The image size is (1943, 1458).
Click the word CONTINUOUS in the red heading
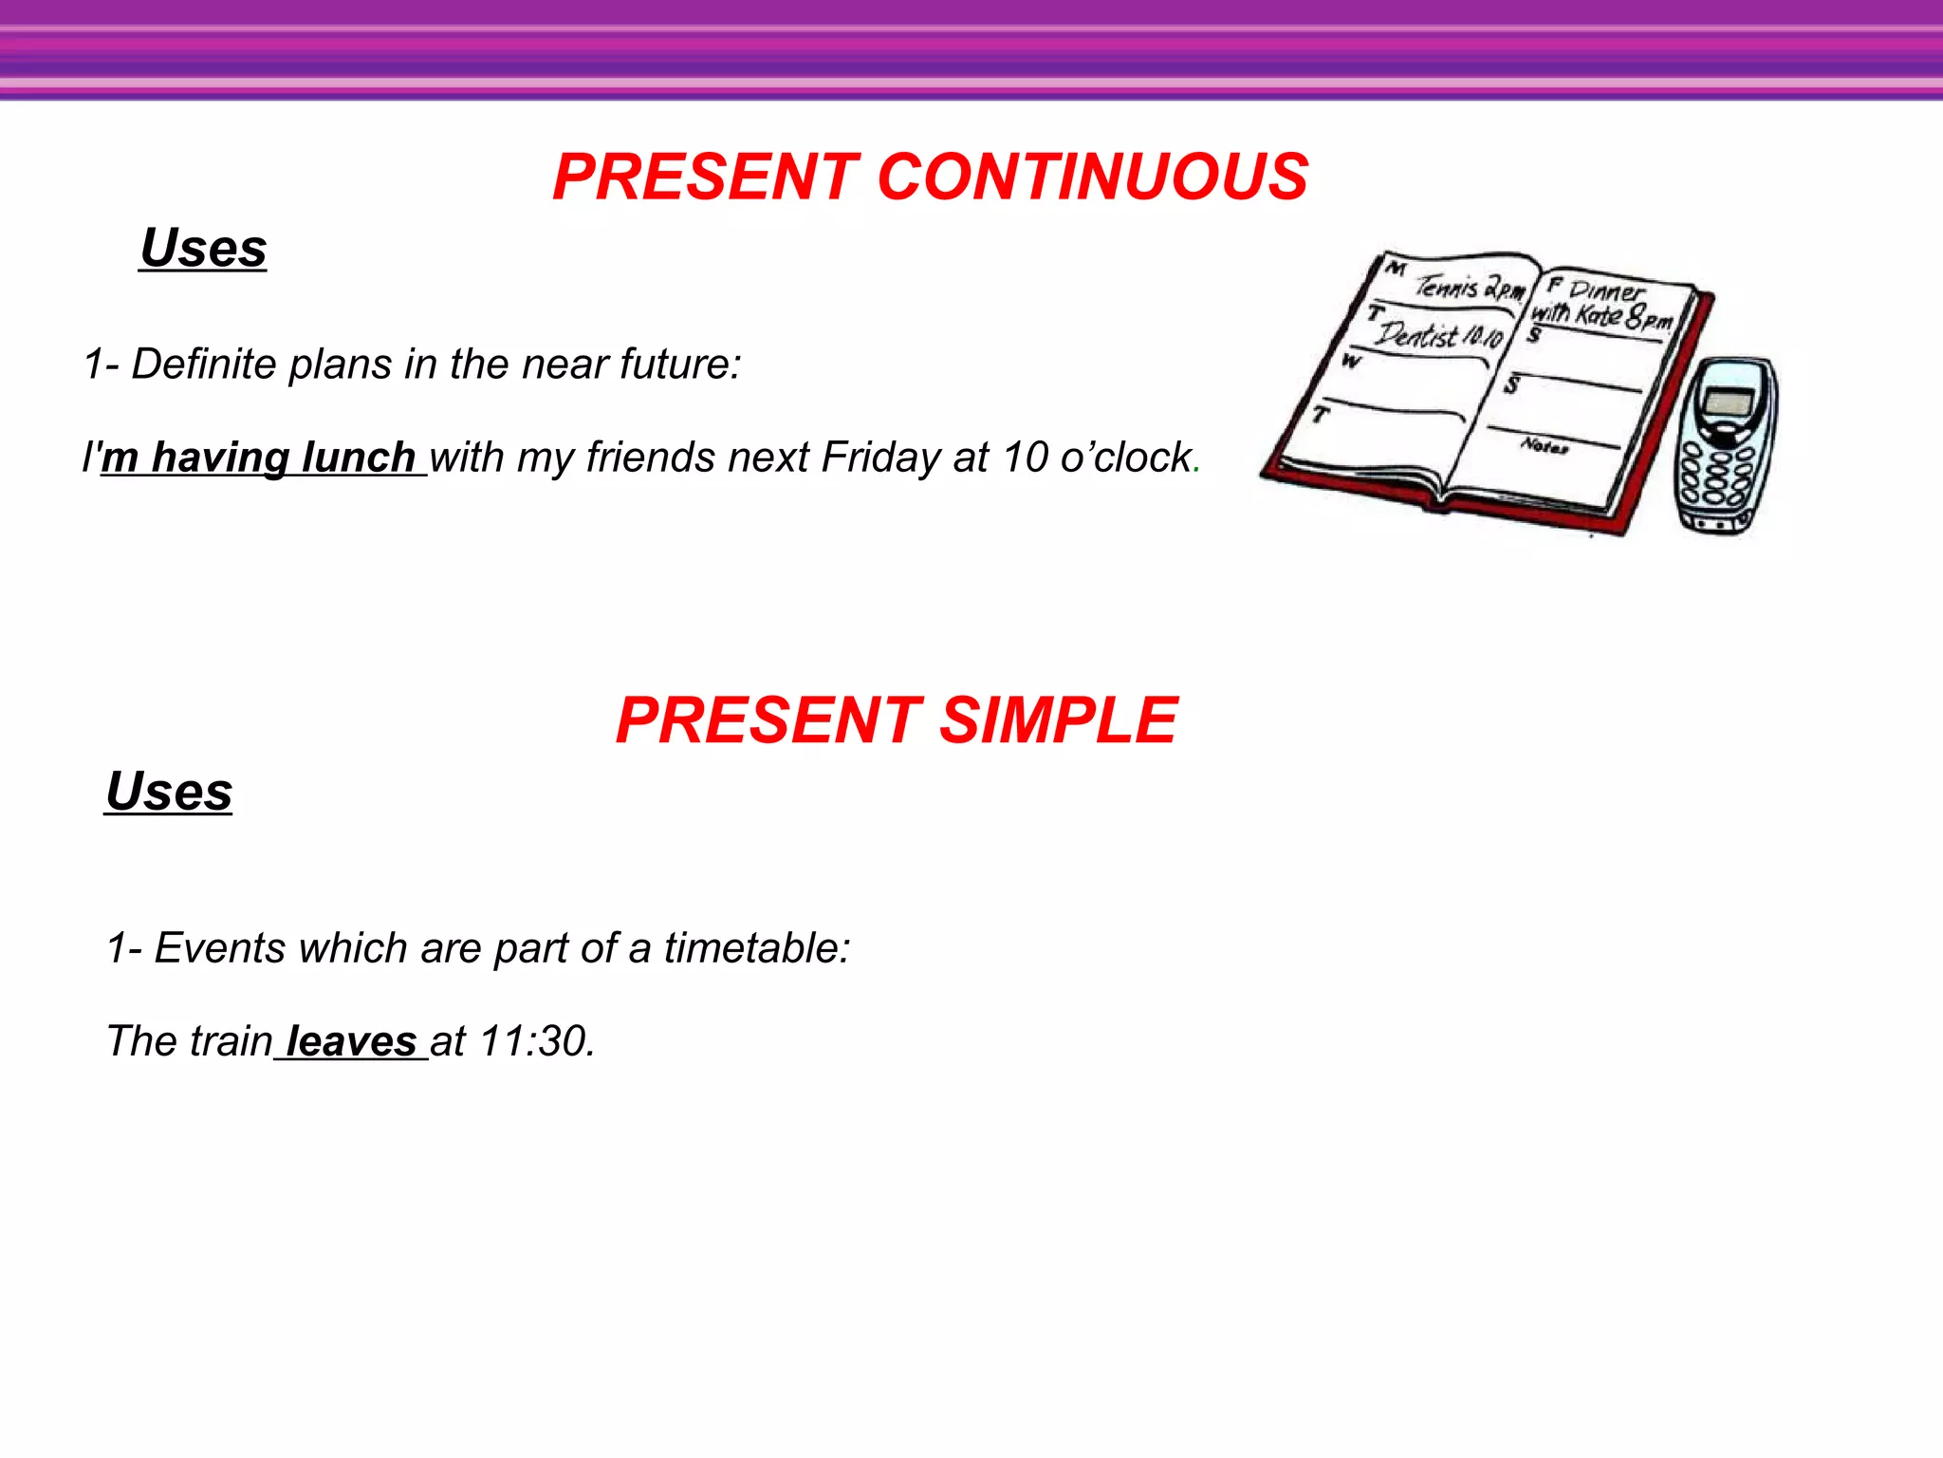1093,178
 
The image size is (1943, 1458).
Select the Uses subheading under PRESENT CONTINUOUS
203,249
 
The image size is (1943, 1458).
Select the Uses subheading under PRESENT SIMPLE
169,792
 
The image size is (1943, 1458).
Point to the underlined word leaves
351,1041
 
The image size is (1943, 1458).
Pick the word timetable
756,948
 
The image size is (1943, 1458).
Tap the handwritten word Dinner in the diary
1608,290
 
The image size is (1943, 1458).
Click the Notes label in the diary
1545,444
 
